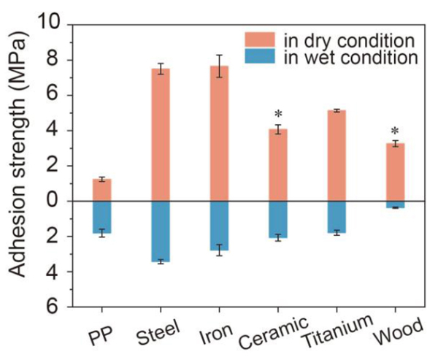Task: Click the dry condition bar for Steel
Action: [161, 135]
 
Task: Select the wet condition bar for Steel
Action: [161, 231]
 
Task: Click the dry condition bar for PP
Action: [102, 190]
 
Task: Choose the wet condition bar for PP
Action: [102, 217]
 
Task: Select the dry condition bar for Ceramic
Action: [278, 165]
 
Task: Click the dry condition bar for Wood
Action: [395, 172]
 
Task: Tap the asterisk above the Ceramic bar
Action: [278, 115]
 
